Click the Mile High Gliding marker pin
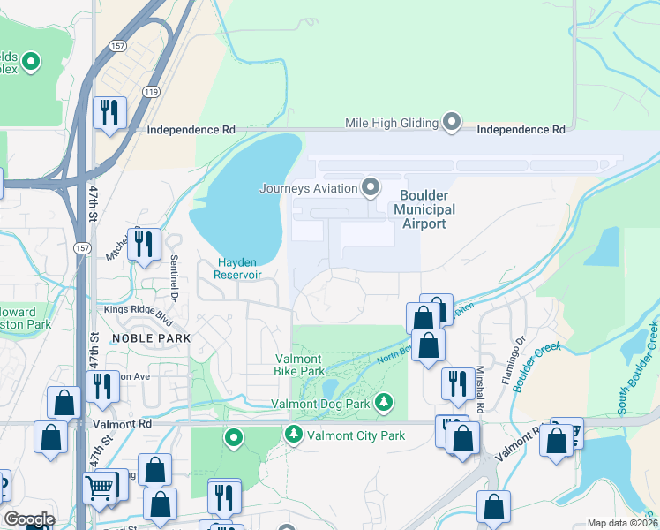pos(452,122)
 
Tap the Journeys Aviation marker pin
pos(371,187)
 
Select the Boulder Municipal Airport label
pos(424,209)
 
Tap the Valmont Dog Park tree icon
pos(384,404)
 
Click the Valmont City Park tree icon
pos(292,435)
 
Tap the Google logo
pos(29,519)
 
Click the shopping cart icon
pos(100,486)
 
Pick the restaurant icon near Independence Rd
pos(109,112)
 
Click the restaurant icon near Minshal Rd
pos(456,382)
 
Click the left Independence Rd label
pos(191,129)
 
